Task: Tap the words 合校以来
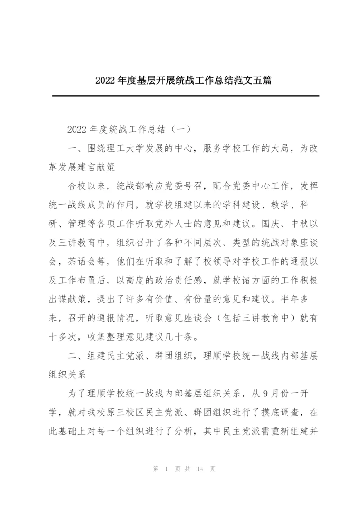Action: [x=84, y=186]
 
